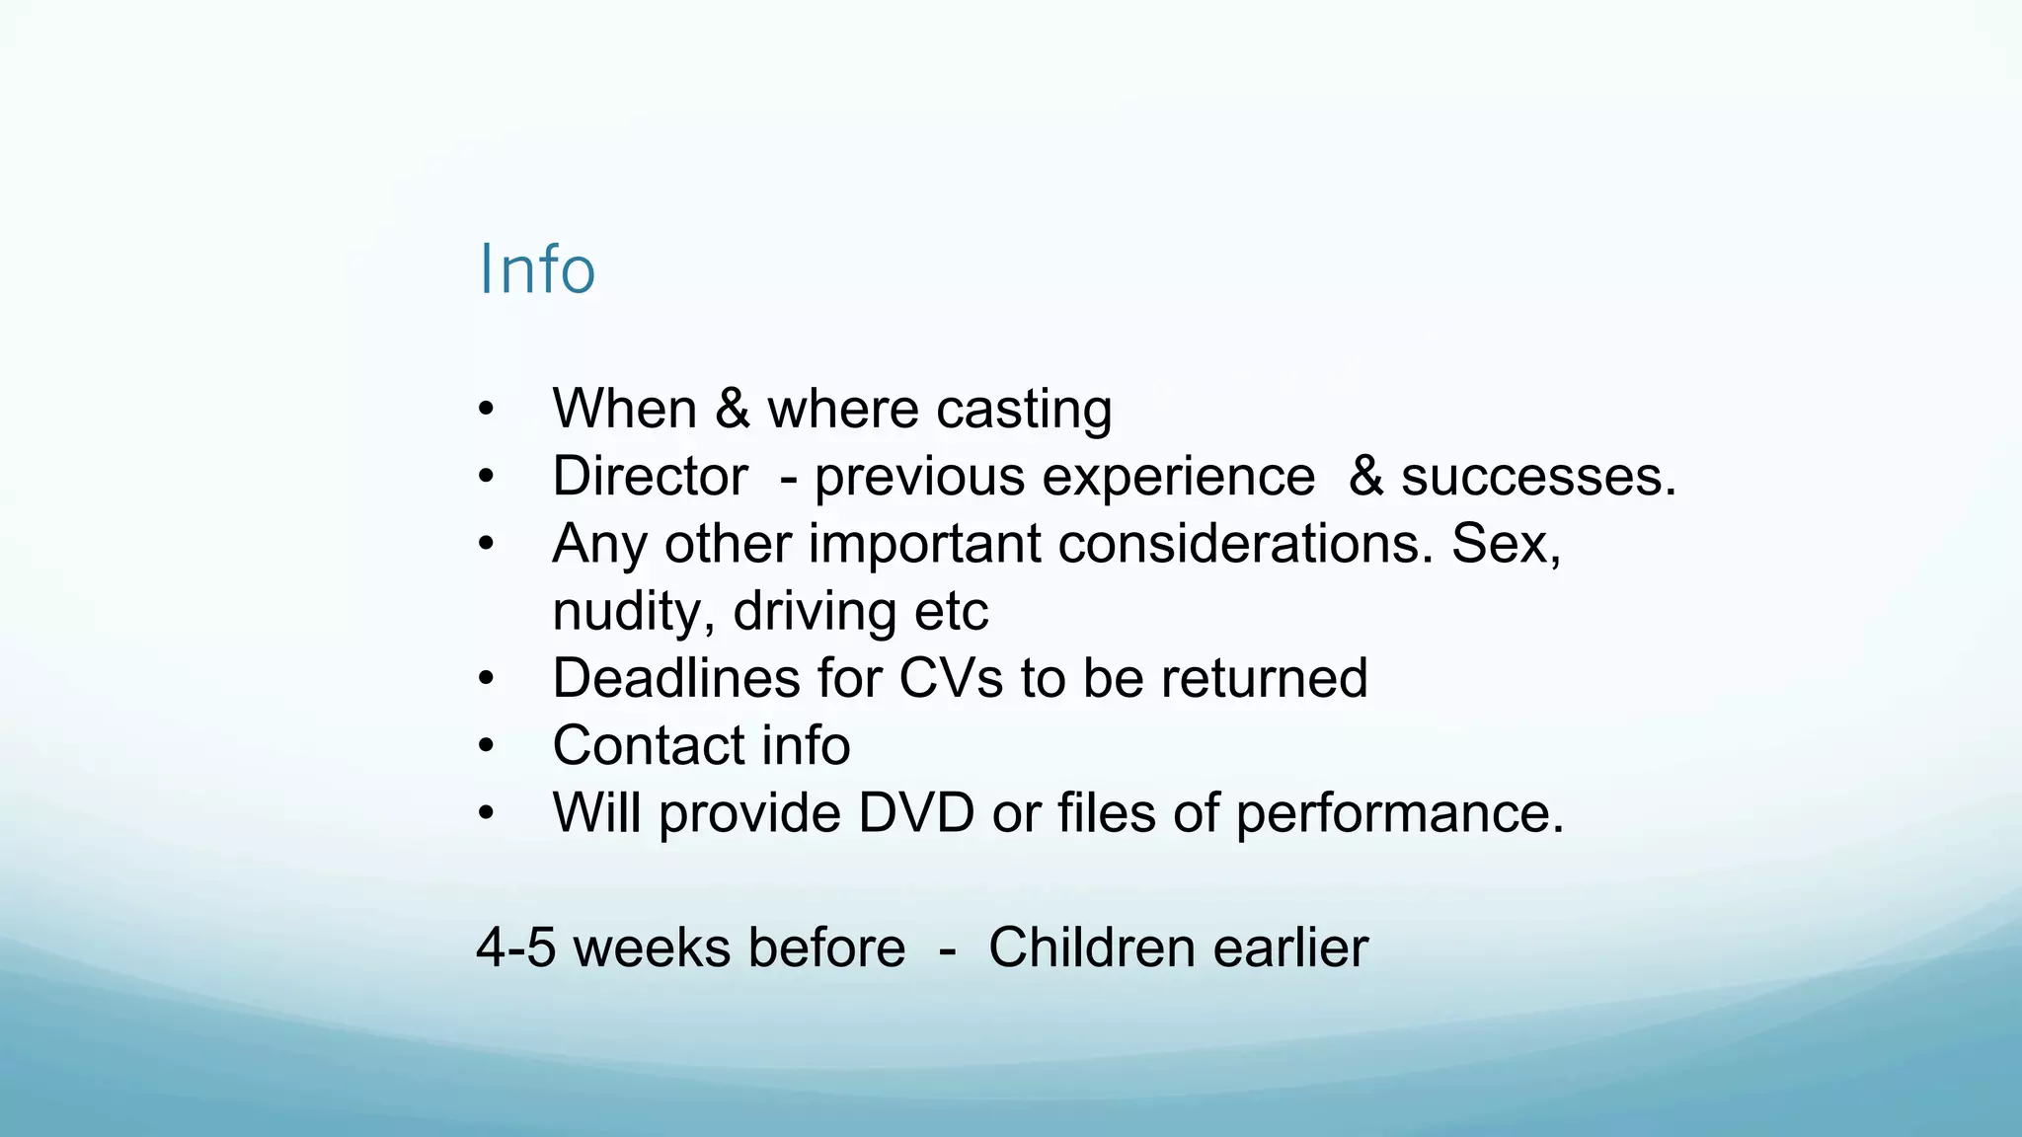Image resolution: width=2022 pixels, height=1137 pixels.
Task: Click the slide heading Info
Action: tap(537, 269)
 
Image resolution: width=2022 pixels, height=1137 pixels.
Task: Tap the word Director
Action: tap(650, 477)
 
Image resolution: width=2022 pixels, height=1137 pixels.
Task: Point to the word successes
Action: tap(1537, 478)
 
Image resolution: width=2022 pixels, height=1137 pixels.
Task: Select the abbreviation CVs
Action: tap(951, 679)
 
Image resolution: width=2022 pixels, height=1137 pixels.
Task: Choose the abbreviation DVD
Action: tap(916, 813)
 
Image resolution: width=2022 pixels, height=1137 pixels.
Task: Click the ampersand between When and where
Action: tap(732, 409)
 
